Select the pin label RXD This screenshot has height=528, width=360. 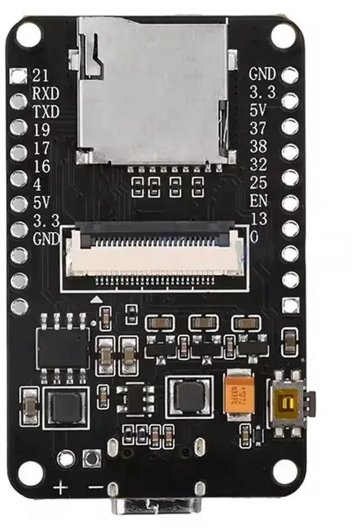coord(46,93)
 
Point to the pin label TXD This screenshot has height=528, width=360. coord(46,112)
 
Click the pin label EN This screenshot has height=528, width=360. coord(259,201)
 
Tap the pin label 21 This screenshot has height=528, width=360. coord(40,75)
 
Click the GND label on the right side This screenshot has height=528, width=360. coord(263,74)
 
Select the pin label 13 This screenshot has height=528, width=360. coord(258,218)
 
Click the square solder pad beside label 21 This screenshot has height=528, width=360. coord(19,75)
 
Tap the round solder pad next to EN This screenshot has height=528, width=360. coord(290,202)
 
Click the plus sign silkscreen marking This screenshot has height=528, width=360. coord(60,487)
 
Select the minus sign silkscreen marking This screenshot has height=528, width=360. coord(96,487)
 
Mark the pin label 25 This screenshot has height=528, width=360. coord(258,182)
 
